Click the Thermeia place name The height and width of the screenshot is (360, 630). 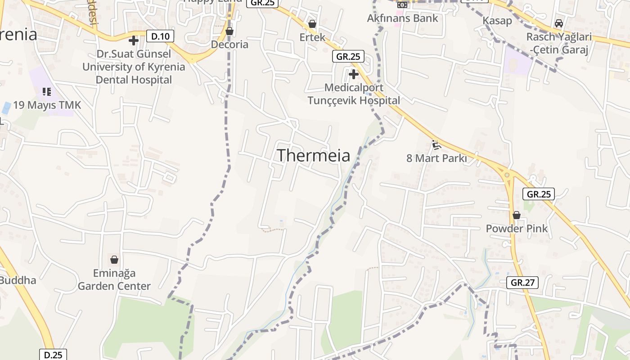pos(313,155)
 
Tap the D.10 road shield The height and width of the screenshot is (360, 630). pos(160,36)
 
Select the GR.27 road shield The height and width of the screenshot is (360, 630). pos(522,283)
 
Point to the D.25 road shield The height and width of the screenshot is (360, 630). pos(53,355)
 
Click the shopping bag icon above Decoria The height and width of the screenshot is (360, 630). pos(229,31)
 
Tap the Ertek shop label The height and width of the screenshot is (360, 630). pos(312,37)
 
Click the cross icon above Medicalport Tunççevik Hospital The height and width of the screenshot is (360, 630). pos(354,74)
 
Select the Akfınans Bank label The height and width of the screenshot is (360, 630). pos(402,18)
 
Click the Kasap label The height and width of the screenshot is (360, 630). pos(497,21)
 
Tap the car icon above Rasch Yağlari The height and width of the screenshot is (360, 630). pos(559,23)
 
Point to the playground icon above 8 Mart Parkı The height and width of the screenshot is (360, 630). pos(436,145)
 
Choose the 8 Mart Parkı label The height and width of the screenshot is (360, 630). pos(436,158)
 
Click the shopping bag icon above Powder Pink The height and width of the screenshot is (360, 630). pos(517,215)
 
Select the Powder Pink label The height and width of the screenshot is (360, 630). pos(517,229)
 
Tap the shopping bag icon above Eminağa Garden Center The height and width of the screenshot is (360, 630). pos(114,260)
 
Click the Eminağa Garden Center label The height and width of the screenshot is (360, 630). pos(114,279)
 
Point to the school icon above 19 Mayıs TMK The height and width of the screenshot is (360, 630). pos(47,92)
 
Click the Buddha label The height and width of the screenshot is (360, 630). pos(18,280)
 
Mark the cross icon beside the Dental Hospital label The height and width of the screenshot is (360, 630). pos(134,40)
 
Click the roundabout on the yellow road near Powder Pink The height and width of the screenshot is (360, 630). pos(507,175)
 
